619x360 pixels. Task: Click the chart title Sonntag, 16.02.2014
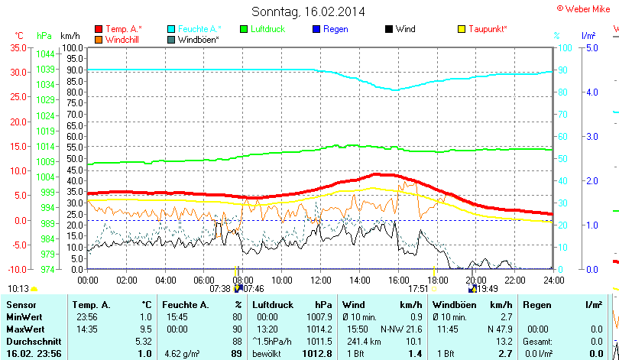[x=308, y=11]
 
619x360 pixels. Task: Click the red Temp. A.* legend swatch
[x=99, y=29]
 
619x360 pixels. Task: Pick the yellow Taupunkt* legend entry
[x=488, y=29]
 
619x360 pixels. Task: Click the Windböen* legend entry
[x=198, y=39]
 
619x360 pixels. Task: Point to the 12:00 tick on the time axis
[x=320, y=280]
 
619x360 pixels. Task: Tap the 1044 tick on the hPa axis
[x=45, y=54]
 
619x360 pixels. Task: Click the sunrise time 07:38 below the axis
[x=219, y=289]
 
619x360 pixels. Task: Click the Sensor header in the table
[x=20, y=305]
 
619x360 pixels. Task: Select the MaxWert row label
[x=24, y=328]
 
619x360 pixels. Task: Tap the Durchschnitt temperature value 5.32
[x=143, y=340]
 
